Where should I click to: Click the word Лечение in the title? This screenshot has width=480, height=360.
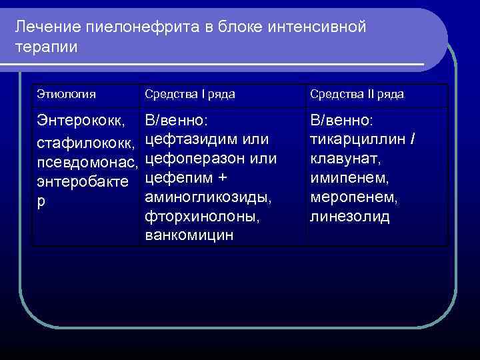coord(45,27)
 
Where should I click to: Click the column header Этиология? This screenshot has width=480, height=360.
coord(66,95)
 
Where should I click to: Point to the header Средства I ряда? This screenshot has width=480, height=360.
coord(189,95)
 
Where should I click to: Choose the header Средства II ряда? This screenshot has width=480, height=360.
coord(356,95)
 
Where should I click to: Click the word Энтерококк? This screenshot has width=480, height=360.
coord(79,122)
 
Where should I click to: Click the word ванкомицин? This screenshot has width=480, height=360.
coord(189,237)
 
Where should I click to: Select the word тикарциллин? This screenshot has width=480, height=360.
coord(358,140)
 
